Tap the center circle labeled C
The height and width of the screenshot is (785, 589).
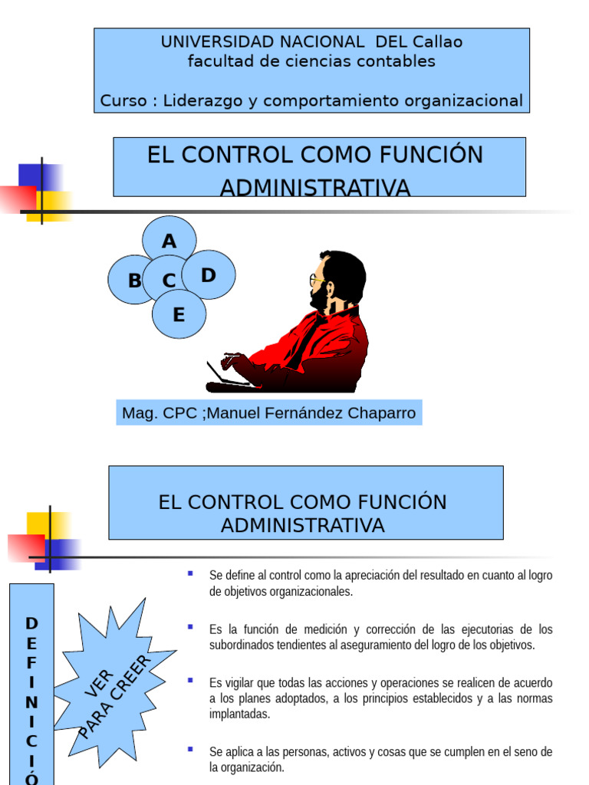(x=169, y=281)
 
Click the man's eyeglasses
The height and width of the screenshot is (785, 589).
(x=314, y=280)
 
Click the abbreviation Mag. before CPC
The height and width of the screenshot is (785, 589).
(x=139, y=413)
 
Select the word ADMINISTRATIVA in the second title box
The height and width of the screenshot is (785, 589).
(x=303, y=525)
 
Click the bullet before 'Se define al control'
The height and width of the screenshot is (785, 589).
(x=190, y=573)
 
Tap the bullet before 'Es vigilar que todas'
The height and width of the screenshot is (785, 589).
(x=190, y=680)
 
